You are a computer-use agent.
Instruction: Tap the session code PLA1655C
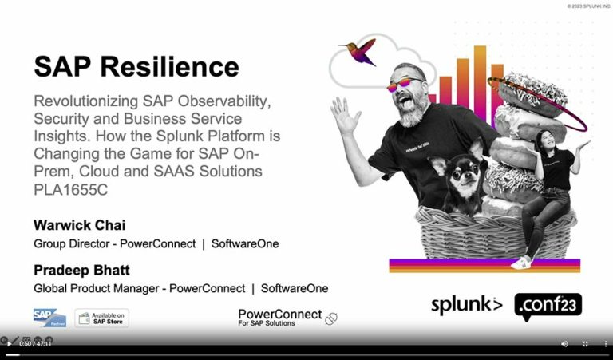click(71, 189)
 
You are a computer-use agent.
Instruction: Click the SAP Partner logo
click(49, 318)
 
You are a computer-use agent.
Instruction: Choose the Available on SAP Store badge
click(101, 318)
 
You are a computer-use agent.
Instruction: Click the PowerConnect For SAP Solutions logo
click(280, 317)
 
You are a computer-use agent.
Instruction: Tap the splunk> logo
click(467, 305)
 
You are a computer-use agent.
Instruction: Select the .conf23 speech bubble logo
click(548, 306)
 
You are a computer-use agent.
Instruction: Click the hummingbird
click(360, 51)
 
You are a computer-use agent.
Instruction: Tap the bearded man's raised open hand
click(344, 117)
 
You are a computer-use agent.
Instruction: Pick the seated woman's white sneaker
click(521, 262)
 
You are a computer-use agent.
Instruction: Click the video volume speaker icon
click(564, 343)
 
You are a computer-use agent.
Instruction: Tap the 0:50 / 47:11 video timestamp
click(35, 343)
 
